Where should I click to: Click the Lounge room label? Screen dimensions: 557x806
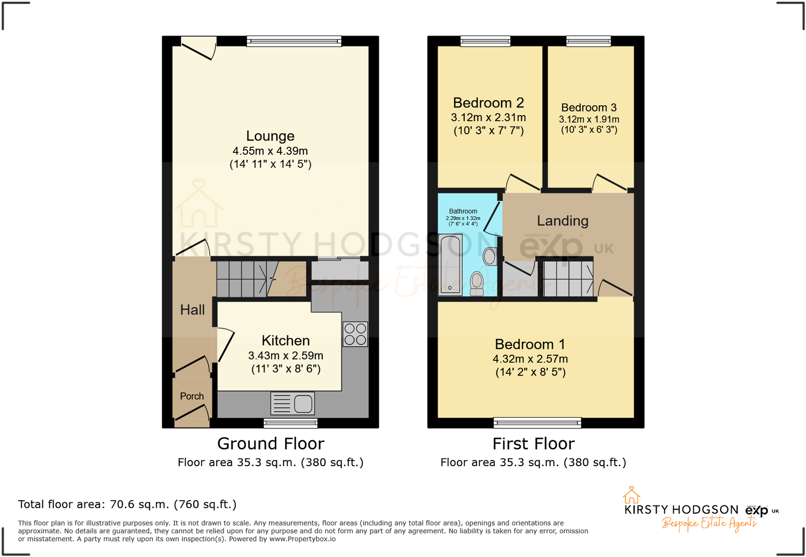[270, 136]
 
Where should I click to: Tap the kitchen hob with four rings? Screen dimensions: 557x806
[355, 334]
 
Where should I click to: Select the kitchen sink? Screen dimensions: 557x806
[293, 404]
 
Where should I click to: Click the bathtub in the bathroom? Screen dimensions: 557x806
[450, 264]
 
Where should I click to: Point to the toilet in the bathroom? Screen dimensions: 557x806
[477, 283]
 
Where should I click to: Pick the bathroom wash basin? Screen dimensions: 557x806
[490, 256]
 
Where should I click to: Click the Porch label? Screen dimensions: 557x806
[192, 396]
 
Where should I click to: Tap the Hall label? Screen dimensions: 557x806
[192, 310]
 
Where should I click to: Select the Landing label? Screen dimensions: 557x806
[563, 221]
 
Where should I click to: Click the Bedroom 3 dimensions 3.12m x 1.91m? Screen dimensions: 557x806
[589, 119]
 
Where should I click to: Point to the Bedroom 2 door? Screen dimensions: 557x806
[523, 182]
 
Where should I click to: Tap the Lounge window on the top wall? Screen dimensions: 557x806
[294, 41]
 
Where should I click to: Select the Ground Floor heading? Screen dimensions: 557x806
[271, 443]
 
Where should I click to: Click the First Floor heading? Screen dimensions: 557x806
[533, 443]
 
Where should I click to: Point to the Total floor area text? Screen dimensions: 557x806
[127, 504]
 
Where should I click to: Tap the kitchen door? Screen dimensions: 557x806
[225, 345]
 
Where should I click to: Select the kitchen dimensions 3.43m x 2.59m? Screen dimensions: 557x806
[286, 356]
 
